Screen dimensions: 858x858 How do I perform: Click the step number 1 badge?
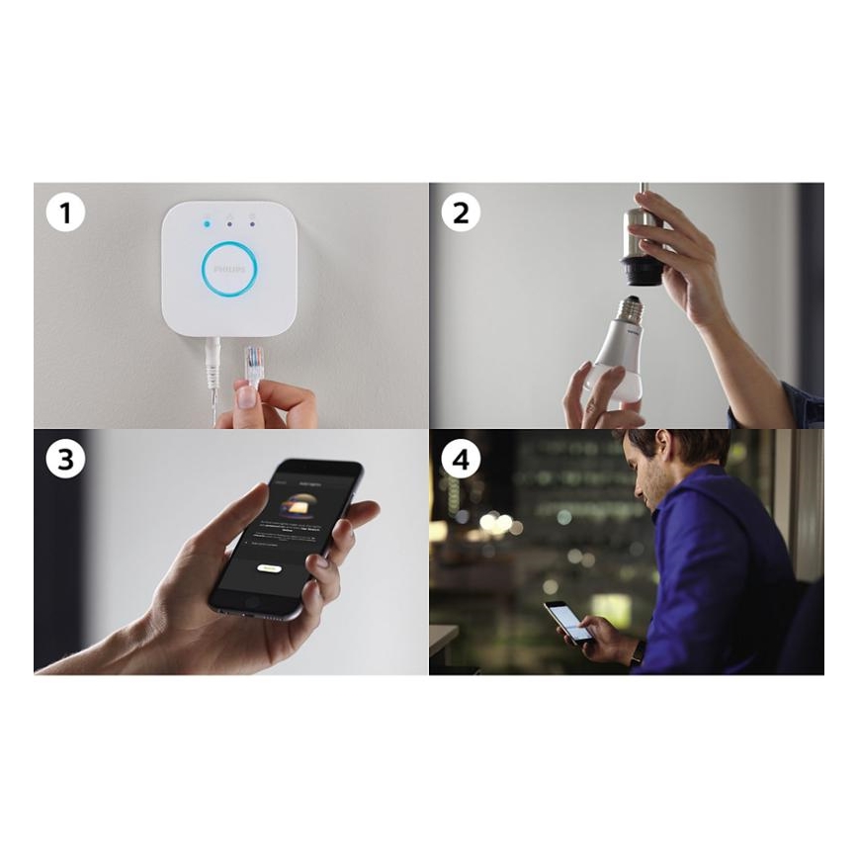pyautogui.click(x=65, y=213)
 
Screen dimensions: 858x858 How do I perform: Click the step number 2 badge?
pyautogui.click(x=461, y=213)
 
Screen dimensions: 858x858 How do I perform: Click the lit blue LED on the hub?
pyautogui.click(x=206, y=222)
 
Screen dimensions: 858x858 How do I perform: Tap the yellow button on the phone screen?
pyautogui.click(x=267, y=568)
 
